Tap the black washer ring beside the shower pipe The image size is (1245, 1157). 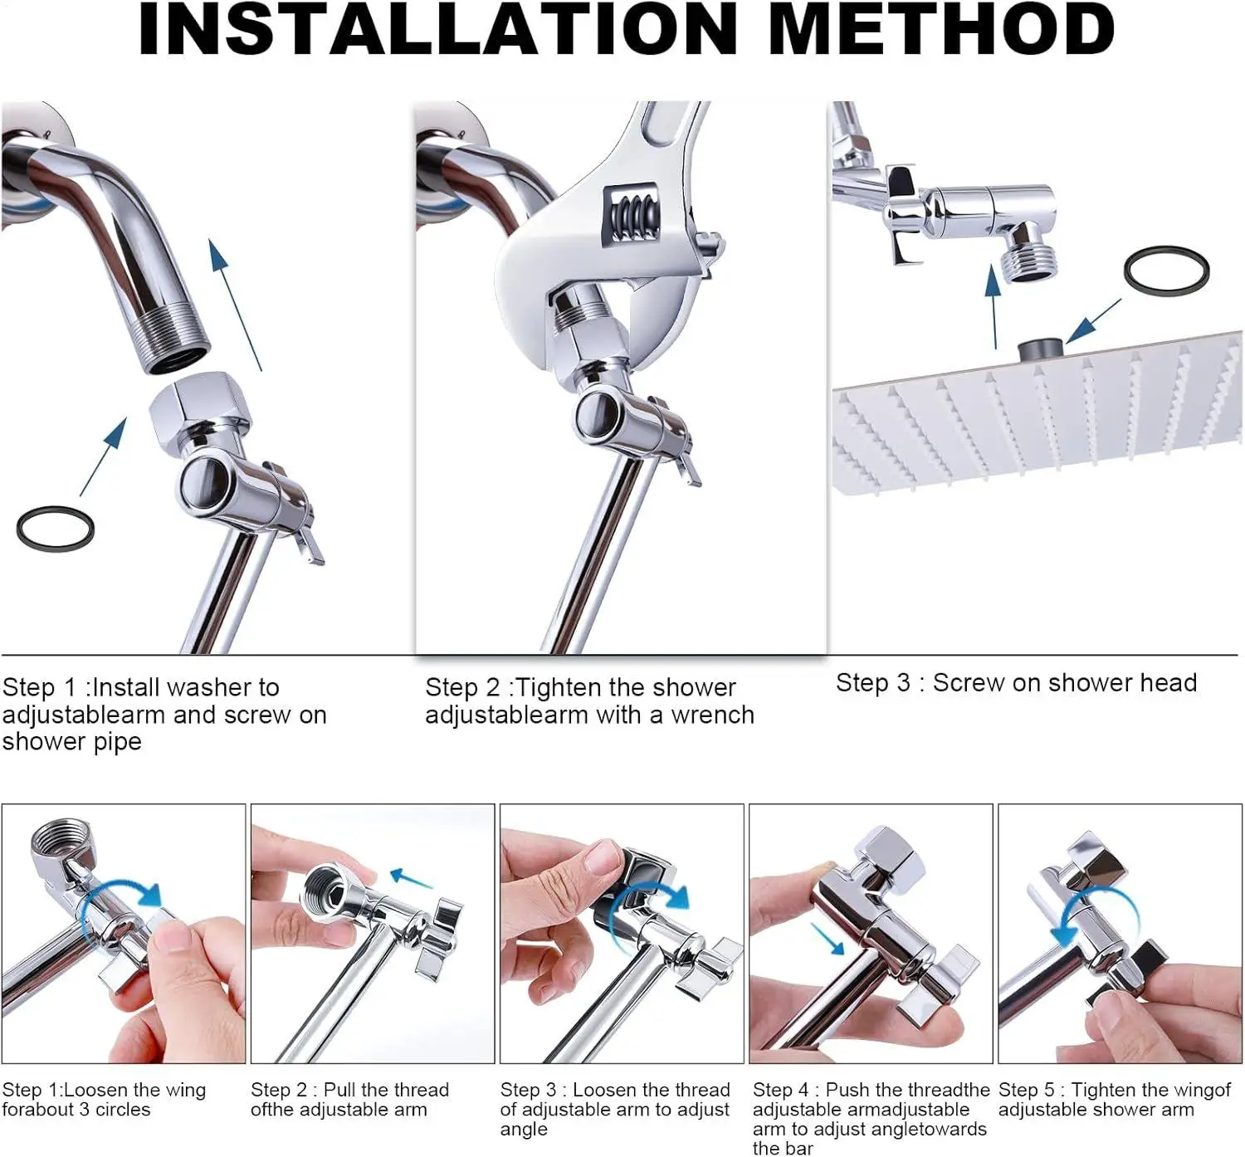(55, 529)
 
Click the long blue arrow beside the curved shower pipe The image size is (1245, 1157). (234, 304)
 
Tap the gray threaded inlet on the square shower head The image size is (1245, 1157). (1040, 350)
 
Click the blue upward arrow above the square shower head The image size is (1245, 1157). (994, 307)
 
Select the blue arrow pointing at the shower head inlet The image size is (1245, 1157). (1093, 321)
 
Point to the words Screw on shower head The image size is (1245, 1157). (1065, 683)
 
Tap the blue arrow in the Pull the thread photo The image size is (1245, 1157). (411, 877)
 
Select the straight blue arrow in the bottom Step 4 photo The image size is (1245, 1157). (827, 939)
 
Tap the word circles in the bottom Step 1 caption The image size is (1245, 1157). (123, 1110)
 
